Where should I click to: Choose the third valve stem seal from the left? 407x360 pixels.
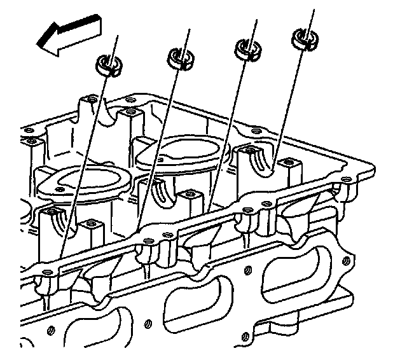click(247, 48)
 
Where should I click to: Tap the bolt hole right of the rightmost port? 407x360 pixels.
click(347, 260)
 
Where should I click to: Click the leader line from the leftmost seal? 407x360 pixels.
click(89, 159)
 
